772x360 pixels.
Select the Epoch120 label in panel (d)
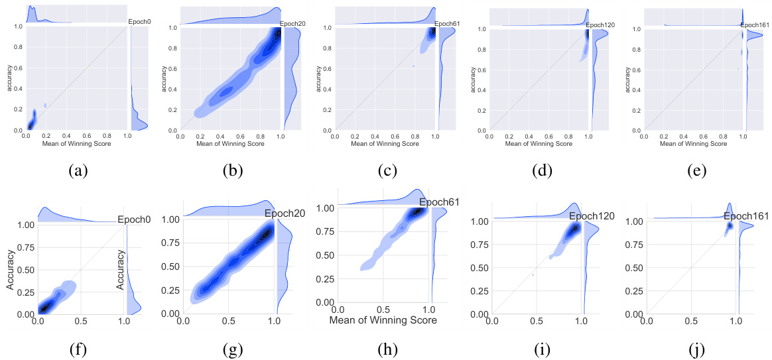tap(600, 25)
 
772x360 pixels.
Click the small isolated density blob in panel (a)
tap(46, 105)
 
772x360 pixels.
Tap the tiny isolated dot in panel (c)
tap(413, 66)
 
